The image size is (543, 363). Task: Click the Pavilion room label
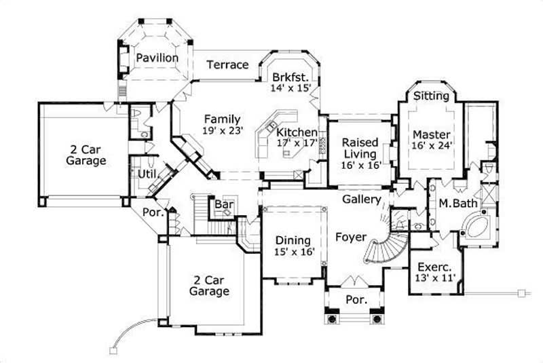(157, 58)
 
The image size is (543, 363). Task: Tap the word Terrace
(227, 64)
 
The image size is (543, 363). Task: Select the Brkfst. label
(290, 77)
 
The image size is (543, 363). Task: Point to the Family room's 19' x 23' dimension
(223, 131)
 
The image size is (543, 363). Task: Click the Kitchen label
(296, 132)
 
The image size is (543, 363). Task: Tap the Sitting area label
(431, 96)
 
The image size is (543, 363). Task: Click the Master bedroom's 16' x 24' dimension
(432, 144)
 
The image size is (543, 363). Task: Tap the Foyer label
(351, 237)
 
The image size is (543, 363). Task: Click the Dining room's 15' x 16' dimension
(293, 252)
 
